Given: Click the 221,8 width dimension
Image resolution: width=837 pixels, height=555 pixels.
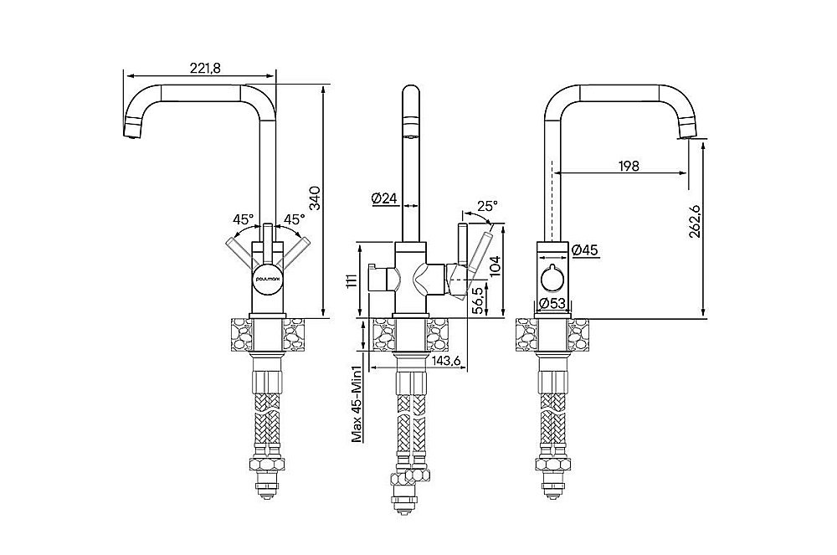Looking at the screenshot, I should point(201,69).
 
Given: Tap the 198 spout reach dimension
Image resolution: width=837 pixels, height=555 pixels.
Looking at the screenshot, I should point(629,166).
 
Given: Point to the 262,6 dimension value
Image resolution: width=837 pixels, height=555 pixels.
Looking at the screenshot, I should point(695,222).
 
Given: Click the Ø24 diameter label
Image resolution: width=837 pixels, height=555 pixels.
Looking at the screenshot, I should point(383,198).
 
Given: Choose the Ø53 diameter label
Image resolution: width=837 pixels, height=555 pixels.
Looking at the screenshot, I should point(552,303).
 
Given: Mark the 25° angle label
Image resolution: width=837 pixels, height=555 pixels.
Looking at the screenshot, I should point(487,205).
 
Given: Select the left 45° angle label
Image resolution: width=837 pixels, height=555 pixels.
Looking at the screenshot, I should point(243,219).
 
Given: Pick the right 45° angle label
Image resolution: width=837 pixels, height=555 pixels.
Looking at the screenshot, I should point(293,219).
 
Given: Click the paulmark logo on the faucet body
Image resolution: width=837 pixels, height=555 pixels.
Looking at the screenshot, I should point(268,280).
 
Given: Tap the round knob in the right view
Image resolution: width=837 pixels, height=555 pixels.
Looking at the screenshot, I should point(552,277).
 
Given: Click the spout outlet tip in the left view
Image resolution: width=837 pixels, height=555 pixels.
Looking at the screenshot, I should point(132,130).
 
